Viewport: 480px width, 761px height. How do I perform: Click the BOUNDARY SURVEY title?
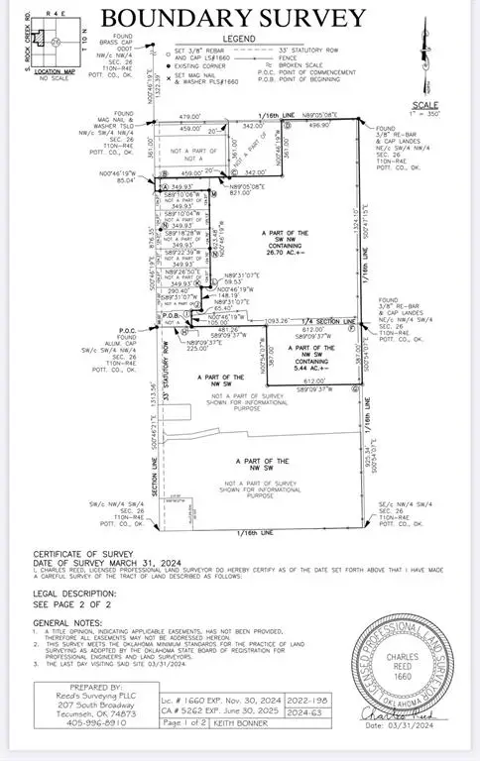pyautogui.click(x=233, y=17)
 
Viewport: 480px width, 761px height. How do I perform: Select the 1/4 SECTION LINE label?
pyautogui.click(x=332, y=321)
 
